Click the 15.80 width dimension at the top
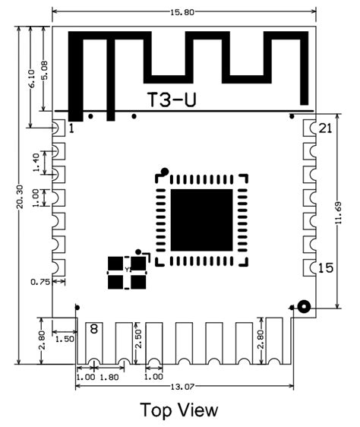[x=185, y=7]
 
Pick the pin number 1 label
[x=71, y=129]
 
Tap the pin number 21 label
[x=325, y=128]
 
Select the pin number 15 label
[x=325, y=267]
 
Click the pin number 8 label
[x=93, y=329]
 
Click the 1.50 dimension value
[x=65, y=340]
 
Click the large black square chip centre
[x=201, y=220]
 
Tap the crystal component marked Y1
[x=127, y=270]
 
